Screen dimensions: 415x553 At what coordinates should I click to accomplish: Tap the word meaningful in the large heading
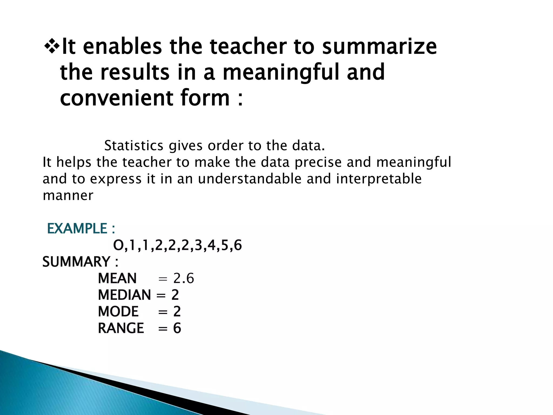281,72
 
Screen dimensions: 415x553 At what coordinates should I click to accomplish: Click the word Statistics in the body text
134,146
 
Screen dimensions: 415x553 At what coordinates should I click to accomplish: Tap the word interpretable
379,179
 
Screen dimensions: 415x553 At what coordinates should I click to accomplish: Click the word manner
68,196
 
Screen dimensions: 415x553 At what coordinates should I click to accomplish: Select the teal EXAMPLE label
77,229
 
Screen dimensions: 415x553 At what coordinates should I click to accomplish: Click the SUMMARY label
76,262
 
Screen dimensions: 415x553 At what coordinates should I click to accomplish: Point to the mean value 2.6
184,279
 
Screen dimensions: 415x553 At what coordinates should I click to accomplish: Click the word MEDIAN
124,295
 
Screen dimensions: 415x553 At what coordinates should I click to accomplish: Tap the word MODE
118,312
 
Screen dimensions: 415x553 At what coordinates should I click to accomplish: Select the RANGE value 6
177,328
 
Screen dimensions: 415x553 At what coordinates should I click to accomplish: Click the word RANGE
121,328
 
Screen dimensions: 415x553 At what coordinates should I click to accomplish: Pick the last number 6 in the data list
238,245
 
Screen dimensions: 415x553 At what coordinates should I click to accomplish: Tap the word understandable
249,179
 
